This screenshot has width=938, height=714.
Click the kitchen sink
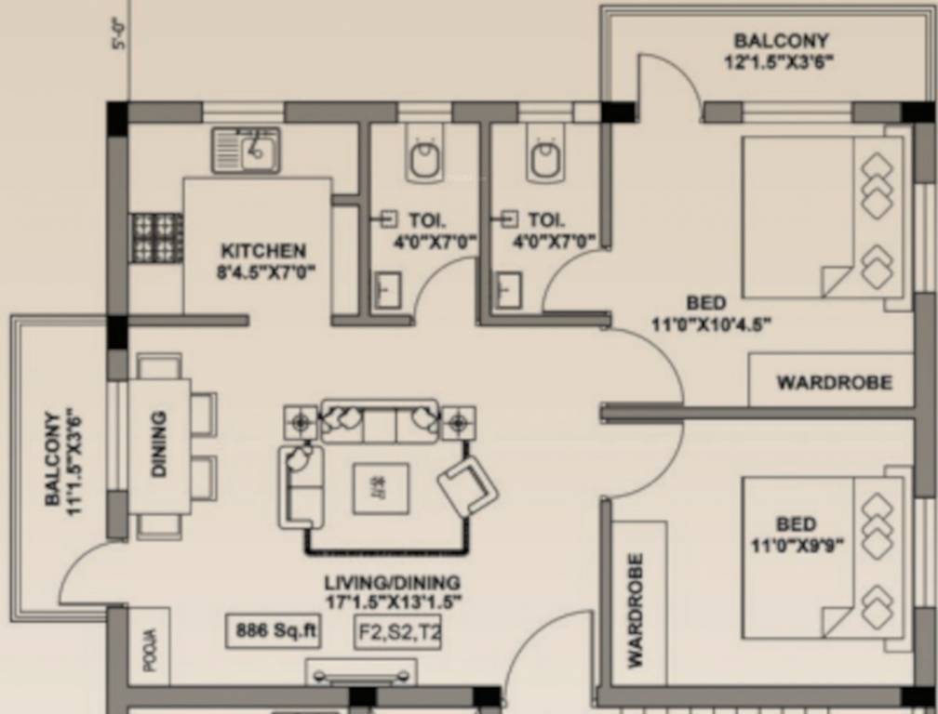[x=246, y=151]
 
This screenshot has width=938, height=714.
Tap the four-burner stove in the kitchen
[x=155, y=236]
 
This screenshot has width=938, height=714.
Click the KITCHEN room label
[x=263, y=251]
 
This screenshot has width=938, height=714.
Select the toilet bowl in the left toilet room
[x=425, y=159]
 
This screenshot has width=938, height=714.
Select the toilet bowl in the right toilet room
[x=545, y=159]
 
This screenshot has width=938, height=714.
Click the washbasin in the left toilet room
[x=386, y=290]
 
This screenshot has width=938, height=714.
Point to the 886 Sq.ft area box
[x=274, y=631]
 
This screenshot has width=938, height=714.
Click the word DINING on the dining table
[x=158, y=443]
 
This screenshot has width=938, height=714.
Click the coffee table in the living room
[x=380, y=489]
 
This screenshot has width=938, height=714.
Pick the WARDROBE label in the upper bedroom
[x=834, y=382]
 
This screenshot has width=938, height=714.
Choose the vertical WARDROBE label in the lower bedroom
[x=636, y=610]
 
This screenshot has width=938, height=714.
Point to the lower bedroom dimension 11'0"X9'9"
[x=797, y=546]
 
